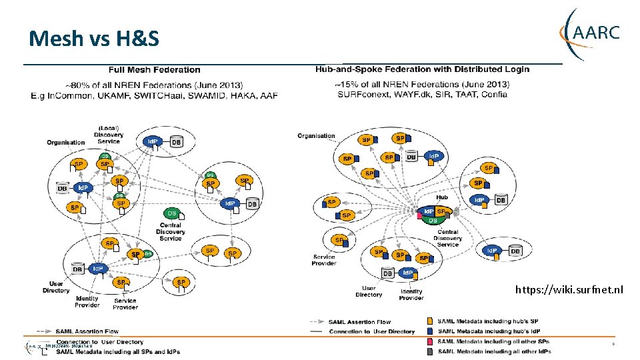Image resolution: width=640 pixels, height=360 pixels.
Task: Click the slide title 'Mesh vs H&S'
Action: click(x=94, y=39)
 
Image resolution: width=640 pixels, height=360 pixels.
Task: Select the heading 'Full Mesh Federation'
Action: click(x=154, y=69)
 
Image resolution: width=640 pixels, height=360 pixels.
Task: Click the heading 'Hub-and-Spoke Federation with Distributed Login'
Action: click(x=422, y=69)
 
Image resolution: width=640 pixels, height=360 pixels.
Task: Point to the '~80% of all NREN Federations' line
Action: click(x=154, y=85)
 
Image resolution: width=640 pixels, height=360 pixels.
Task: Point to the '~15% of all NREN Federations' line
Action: click(x=422, y=85)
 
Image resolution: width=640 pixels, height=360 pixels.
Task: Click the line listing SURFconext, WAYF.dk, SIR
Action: click(x=422, y=94)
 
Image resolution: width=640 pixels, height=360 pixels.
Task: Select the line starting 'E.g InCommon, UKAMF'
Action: click(x=154, y=95)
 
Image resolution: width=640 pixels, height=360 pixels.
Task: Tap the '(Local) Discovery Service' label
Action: click(x=109, y=134)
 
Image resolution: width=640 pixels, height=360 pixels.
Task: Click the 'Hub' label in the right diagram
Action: click(x=442, y=197)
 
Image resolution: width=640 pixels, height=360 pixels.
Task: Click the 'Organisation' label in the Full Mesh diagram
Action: click(x=65, y=142)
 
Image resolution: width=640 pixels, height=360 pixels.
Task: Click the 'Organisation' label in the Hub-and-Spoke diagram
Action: click(x=316, y=136)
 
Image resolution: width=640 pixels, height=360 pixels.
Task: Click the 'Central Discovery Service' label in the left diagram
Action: click(x=171, y=231)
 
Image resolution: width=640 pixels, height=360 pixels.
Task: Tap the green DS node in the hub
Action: click(x=433, y=221)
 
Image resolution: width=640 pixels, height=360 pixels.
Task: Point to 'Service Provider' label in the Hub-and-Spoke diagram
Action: click(x=324, y=260)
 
